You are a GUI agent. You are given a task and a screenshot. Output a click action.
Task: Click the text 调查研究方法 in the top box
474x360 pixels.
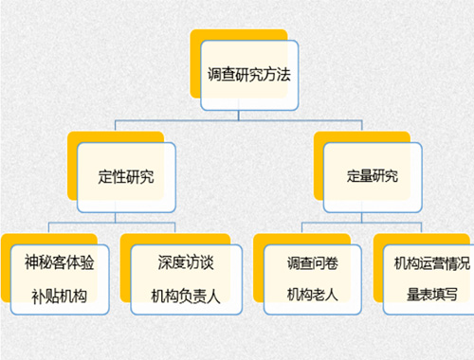click(x=246, y=73)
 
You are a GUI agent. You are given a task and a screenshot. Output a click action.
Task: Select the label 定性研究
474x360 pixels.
click(x=126, y=177)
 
